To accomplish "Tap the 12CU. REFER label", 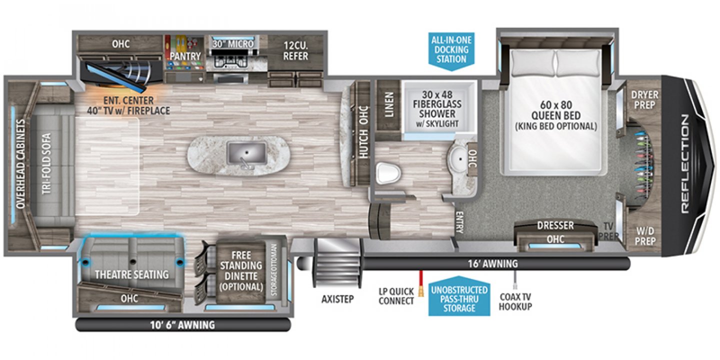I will [x=295, y=50].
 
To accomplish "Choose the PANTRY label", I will [x=184, y=56].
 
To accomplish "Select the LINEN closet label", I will [x=388, y=104].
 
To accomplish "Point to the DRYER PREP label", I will [x=644, y=99].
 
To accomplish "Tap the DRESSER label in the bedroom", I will [x=555, y=226].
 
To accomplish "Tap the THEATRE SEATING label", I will [x=132, y=274].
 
